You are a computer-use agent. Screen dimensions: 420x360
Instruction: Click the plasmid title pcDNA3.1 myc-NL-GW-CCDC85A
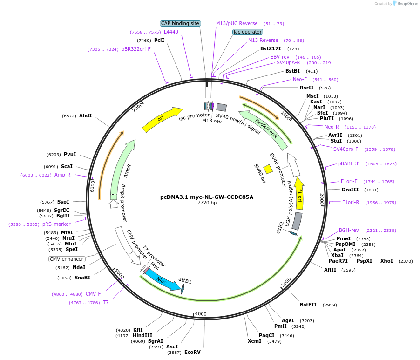pos(207,197)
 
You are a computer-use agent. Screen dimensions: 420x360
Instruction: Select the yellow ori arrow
pos(162,119)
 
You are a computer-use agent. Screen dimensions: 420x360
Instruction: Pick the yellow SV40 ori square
pos(268,169)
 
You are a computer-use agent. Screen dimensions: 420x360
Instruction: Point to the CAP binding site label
pos(180,24)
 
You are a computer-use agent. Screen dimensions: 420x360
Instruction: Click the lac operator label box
pos(248,32)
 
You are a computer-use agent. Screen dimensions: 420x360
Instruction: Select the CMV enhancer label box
pos(67,259)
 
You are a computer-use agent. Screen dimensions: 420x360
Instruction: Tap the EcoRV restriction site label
pos(192,352)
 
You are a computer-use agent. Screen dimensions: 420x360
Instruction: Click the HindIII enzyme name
pos(142,335)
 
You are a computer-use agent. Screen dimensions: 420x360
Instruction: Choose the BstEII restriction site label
pos(308,305)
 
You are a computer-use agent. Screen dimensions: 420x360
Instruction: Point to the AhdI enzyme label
pos(86,115)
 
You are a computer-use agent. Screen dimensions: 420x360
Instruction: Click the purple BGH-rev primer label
pos(349,231)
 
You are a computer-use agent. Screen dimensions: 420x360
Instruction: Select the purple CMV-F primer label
pos(93,294)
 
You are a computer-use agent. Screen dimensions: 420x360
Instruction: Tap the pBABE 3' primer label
pos(348,163)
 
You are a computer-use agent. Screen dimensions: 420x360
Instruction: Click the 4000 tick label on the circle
pos(201,314)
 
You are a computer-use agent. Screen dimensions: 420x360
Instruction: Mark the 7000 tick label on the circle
pos(138,108)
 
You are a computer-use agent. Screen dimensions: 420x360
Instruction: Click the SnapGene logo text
pos(407,3)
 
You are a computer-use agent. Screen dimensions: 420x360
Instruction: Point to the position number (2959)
pos(330,305)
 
